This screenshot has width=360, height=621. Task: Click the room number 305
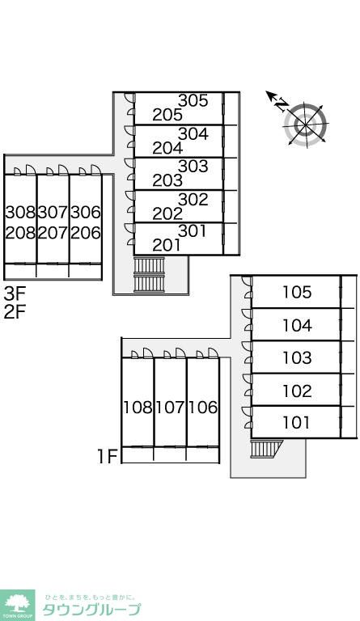pos(193,100)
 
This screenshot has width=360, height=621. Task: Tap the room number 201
pos(167,246)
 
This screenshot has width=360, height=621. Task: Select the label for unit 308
pos(20,213)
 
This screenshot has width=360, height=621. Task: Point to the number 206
pos(86,233)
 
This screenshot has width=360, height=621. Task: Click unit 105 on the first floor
pos(297,292)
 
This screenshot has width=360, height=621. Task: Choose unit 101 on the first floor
pos(296,423)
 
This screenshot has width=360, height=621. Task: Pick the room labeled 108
pos(138,408)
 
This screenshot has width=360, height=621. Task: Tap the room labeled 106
pos(203,408)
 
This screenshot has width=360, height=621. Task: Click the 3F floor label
pos(15,294)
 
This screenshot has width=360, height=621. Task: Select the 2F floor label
pos(15,312)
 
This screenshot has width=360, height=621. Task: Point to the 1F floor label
pos(108,457)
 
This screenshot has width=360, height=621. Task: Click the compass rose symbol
pos(306,125)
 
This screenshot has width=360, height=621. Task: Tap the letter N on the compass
pos(282,104)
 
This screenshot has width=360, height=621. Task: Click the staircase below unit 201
pos(149,275)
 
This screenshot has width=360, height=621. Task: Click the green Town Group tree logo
pos(17,605)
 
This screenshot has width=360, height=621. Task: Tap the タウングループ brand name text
pos(91,610)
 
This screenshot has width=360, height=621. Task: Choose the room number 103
pos(297,357)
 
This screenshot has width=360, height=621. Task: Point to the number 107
pos(171,408)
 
